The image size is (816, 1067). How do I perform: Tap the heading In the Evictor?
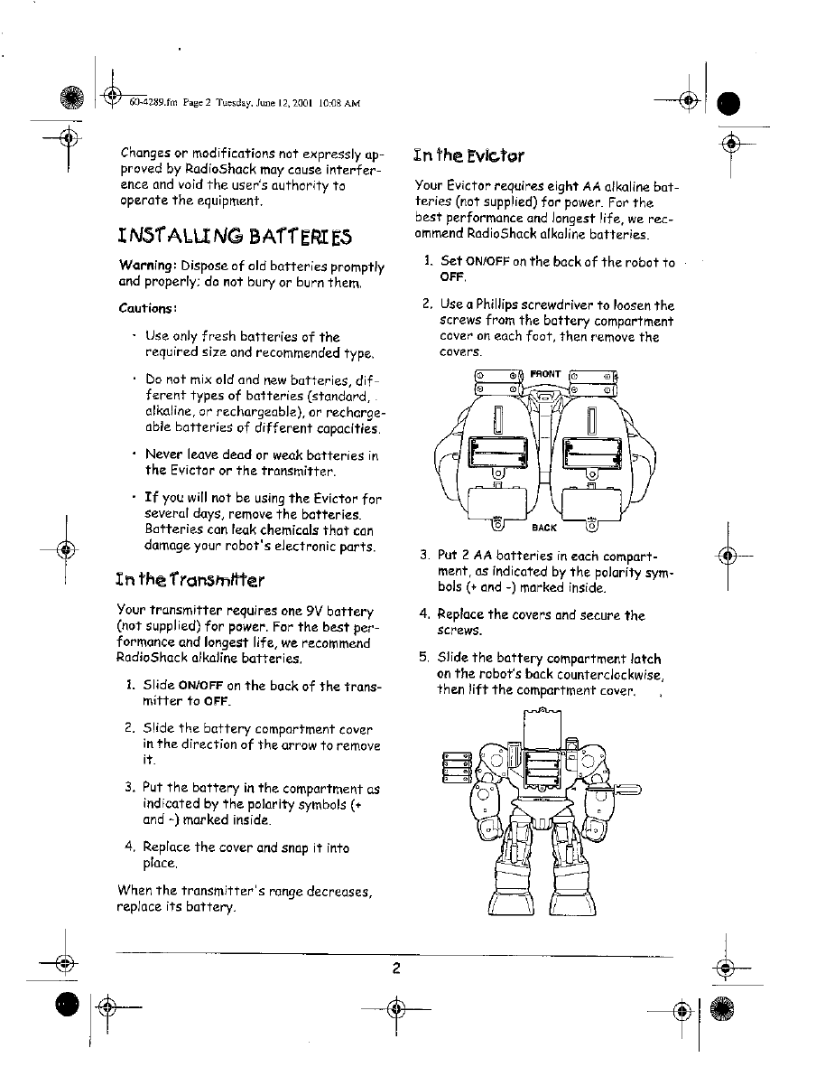(468, 155)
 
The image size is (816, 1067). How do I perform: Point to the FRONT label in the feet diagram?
(545, 373)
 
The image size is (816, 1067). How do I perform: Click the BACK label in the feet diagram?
(544, 528)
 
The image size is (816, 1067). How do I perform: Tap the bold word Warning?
(148, 267)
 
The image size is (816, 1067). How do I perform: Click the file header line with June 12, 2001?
(245, 103)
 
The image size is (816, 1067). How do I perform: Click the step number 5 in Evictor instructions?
(424, 659)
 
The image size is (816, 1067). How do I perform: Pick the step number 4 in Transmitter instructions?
(130, 847)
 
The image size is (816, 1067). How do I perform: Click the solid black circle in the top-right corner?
(728, 103)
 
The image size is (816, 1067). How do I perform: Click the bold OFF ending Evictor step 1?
(451, 277)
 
